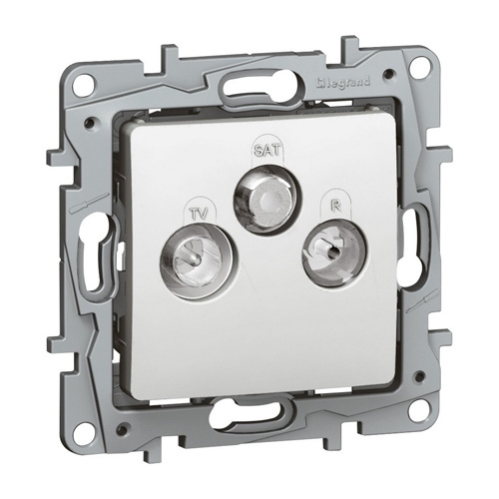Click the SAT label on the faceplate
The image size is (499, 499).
[267, 149]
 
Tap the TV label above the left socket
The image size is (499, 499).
[200, 213]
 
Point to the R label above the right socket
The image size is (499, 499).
[337, 206]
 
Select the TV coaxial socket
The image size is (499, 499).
[199, 257]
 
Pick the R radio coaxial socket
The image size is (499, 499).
[334, 252]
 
